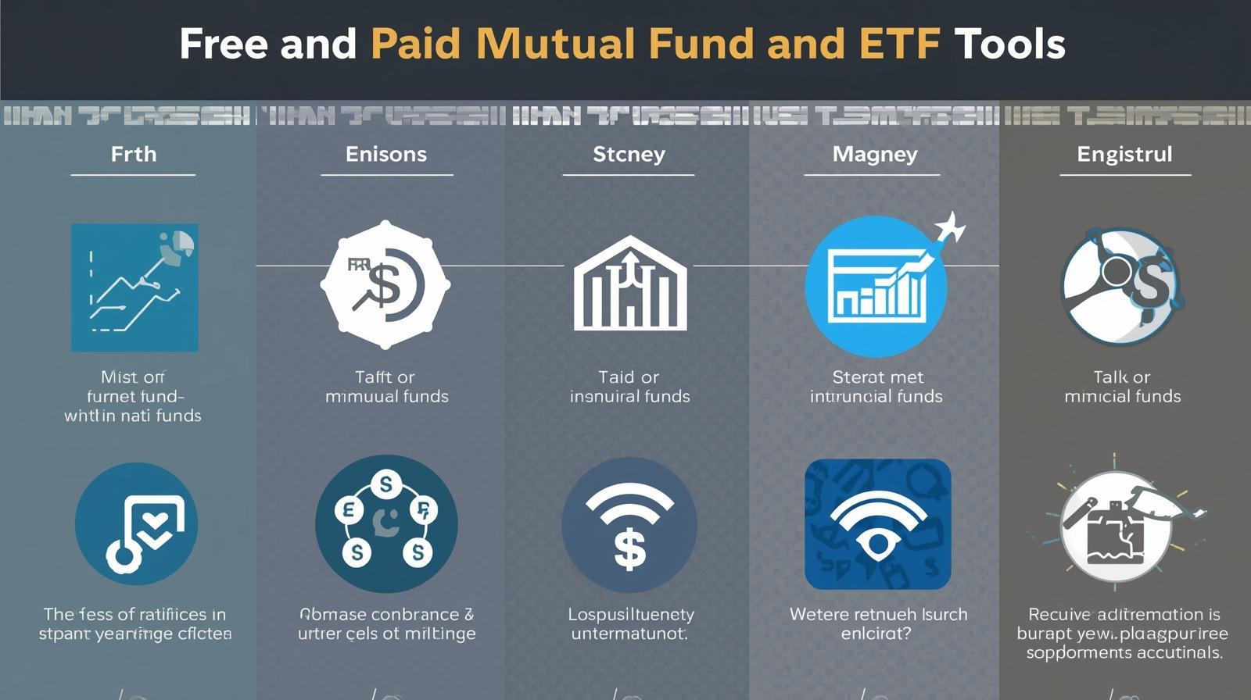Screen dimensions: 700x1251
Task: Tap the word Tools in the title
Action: (x=1009, y=44)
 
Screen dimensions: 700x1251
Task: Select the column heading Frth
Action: (x=134, y=154)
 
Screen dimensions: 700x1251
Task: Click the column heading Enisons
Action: (x=386, y=154)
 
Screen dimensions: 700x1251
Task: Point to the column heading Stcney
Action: (x=629, y=154)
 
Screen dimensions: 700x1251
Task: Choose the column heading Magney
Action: (x=875, y=154)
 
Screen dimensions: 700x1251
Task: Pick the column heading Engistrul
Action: (x=1124, y=154)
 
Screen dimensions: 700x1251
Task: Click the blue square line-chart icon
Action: (x=134, y=287)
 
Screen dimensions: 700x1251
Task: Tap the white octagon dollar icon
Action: (x=385, y=285)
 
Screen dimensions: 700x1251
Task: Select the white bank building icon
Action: (x=629, y=284)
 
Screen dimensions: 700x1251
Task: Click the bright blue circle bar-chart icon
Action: (x=876, y=287)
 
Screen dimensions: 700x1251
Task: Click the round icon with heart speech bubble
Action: (x=136, y=523)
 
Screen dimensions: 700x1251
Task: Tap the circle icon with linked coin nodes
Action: (x=386, y=523)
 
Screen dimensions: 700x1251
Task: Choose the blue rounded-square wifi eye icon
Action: (x=877, y=523)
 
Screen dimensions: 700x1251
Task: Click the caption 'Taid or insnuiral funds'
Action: (x=629, y=387)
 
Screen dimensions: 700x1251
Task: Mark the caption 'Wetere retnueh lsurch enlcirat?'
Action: (x=877, y=623)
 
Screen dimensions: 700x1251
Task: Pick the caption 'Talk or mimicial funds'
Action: (x=1122, y=387)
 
